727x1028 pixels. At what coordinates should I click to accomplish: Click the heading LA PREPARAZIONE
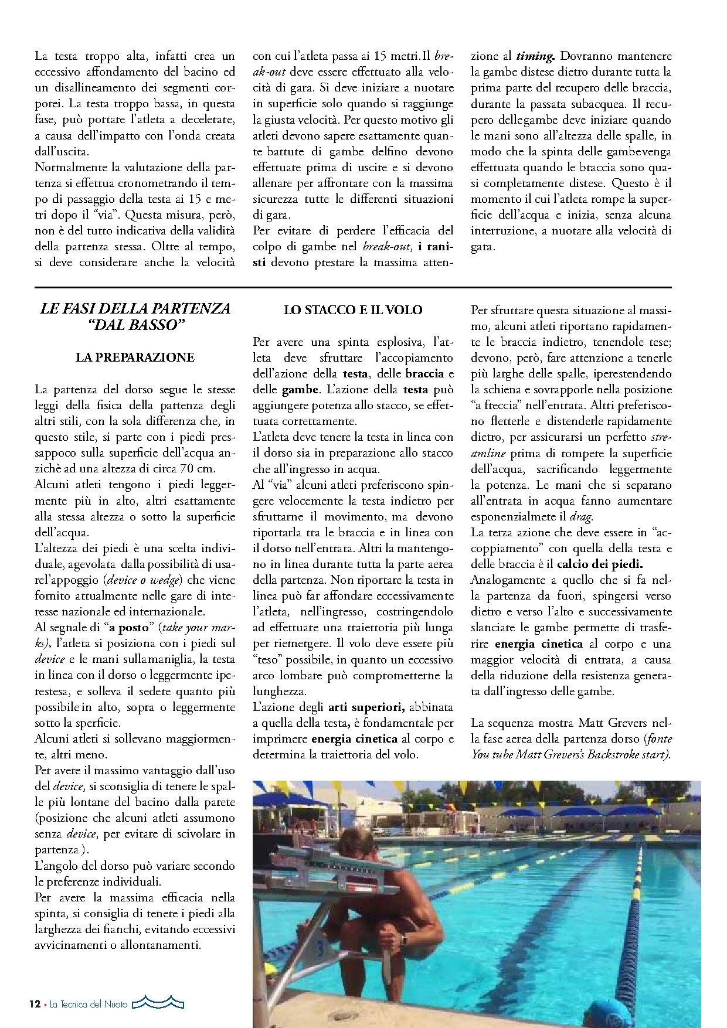click(x=135, y=358)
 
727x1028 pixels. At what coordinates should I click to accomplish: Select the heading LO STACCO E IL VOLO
click(x=353, y=310)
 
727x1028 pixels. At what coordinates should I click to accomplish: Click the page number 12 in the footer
click(x=35, y=1004)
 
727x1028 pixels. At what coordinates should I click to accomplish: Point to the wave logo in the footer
click(x=158, y=1003)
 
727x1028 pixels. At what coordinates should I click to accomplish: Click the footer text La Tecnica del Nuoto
click(x=89, y=1004)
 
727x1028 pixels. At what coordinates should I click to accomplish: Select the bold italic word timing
click(x=535, y=56)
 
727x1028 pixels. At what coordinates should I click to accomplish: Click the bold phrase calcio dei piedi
click(x=600, y=564)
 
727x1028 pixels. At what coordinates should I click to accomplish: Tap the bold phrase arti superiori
click(x=366, y=707)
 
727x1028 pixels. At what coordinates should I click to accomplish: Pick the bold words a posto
click(x=129, y=628)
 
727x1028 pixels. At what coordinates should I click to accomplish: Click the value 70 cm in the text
click(x=198, y=469)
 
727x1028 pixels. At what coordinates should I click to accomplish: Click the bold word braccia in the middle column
click(x=424, y=374)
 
